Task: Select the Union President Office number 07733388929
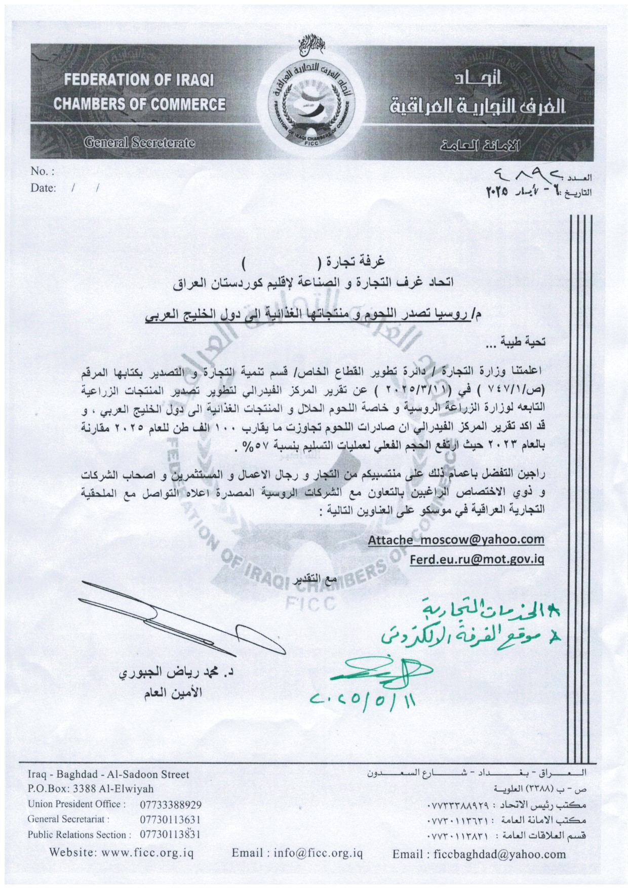170,804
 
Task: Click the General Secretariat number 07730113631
170,820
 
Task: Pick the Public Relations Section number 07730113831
170,835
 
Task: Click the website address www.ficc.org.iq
147,854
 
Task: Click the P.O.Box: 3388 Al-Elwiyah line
91,789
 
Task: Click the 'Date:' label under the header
43,188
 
